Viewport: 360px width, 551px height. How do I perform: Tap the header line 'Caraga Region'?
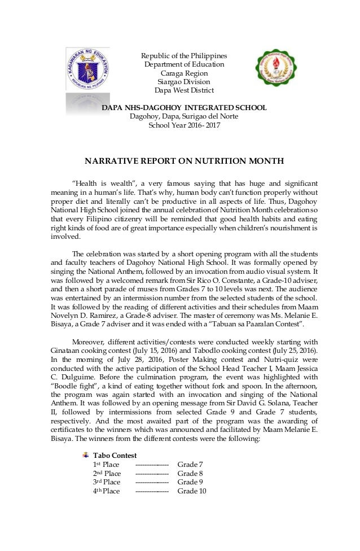(184, 73)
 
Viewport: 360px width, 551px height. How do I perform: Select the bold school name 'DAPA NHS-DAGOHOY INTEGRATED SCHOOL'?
(184, 107)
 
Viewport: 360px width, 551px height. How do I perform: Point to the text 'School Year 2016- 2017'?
(184, 125)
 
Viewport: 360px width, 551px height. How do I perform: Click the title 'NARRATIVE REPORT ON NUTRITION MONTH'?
(184, 161)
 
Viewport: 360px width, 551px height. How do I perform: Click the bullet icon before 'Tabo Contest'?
(85, 455)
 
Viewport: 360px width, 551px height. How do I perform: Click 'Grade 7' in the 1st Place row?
(190, 465)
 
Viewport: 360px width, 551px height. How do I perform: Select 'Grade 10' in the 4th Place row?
(192, 491)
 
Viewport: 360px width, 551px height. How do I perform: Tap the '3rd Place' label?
(107, 482)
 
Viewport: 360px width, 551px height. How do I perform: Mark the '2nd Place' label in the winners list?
(107, 473)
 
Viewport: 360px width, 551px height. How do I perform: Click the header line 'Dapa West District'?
(184, 90)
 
